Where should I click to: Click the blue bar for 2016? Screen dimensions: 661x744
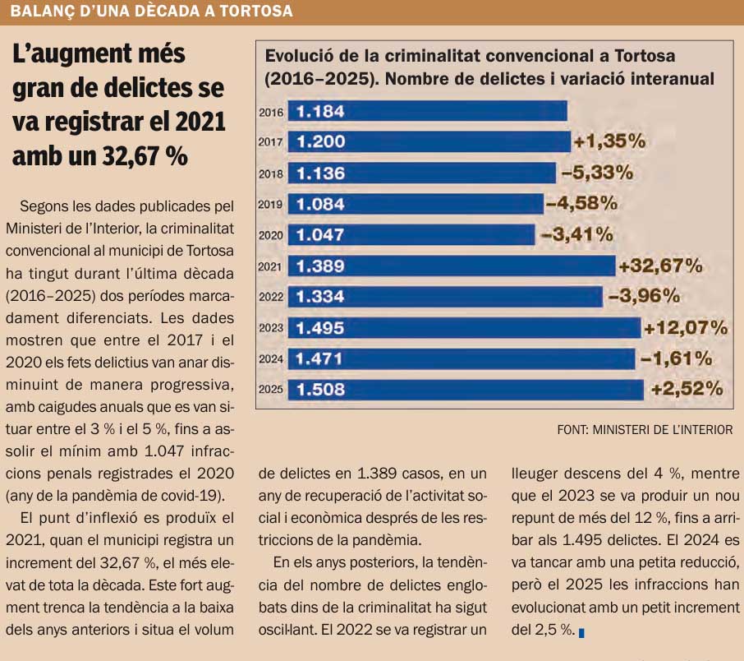(427, 111)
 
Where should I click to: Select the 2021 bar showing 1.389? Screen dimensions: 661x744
(452, 266)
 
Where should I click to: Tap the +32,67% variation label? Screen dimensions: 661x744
(660, 266)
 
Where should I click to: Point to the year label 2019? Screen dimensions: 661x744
(271, 205)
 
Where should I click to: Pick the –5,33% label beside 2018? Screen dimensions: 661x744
(597, 173)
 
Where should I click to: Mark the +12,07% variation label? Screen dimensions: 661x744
(686, 328)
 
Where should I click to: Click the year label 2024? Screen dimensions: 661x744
(271, 359)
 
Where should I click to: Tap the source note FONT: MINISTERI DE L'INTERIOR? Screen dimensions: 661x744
(645, 429)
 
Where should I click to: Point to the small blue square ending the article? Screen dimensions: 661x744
(581, 633)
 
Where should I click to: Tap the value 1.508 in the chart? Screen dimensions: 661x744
(320, 390)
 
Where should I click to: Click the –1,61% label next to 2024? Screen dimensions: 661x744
(675, 358)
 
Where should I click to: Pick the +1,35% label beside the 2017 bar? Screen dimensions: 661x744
(609, 141)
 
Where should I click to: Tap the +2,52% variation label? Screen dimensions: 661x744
(686, 389)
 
